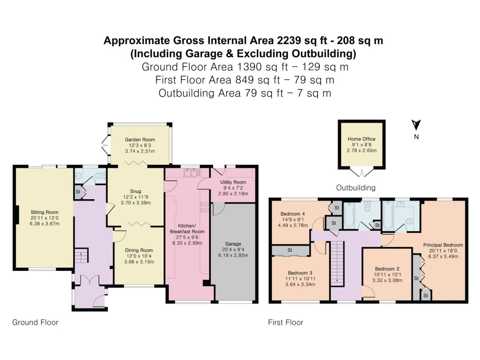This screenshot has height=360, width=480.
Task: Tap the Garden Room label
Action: (x=140, y=140)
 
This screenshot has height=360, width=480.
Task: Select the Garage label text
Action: (x=233, y=244)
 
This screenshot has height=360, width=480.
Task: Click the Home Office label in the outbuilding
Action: (x=361, y=139)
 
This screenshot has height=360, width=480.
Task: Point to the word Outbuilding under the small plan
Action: (x=356, y=188)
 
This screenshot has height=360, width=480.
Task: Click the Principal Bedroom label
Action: (x=443, y=245)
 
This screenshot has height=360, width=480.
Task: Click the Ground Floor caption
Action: (x=35, y=322)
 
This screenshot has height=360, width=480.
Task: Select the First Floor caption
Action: (x=285, y=322)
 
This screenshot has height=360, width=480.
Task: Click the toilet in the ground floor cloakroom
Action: (x=99, y=176)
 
